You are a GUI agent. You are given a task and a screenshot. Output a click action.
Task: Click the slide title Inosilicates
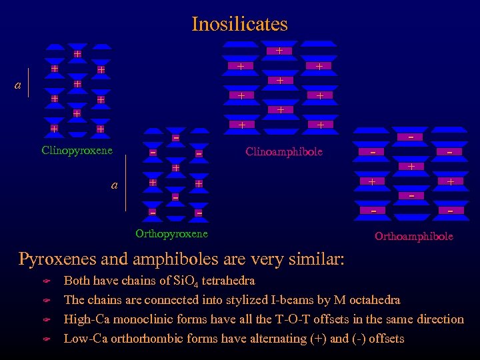click(239, 24)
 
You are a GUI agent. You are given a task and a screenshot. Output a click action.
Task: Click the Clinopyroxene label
click(77, 151)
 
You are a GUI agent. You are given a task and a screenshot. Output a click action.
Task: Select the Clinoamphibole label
click(283, 151)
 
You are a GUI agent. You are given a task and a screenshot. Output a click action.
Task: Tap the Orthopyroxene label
click(171, 233)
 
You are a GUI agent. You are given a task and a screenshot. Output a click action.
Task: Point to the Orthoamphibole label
click(413, 236)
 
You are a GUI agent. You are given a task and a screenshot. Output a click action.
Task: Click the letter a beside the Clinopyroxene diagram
click(18, 85)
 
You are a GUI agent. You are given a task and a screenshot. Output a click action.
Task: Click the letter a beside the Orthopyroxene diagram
click(114, 185)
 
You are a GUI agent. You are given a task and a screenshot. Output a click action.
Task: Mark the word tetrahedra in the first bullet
click(229, 281)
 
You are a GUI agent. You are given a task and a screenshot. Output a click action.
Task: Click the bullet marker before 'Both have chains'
click(47, 281)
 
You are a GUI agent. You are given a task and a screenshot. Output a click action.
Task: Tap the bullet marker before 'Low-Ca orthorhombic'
click(47, 339)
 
